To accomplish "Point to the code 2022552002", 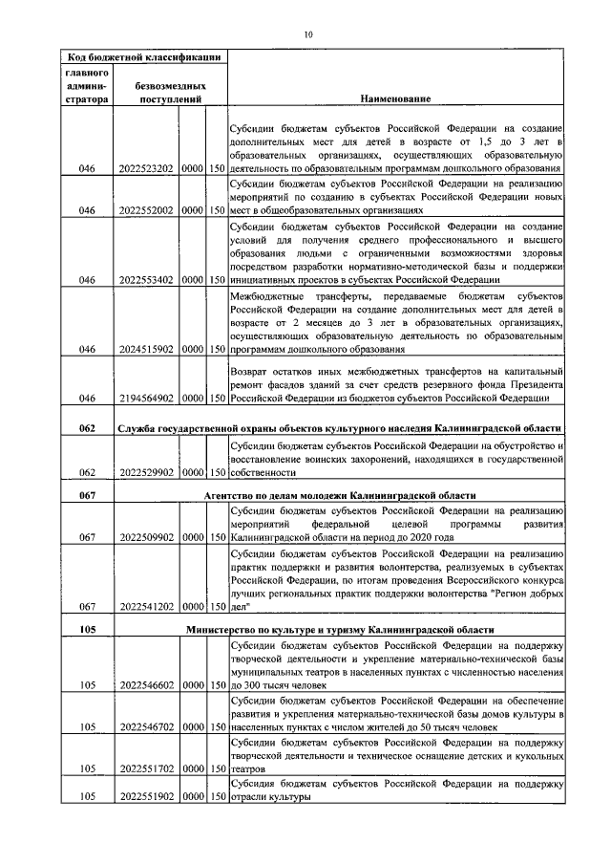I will [145, 210].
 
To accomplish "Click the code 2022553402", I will [145, 280].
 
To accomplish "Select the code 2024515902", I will [145, 349].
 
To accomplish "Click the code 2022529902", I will [145, 472].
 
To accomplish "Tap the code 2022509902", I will [145, 538].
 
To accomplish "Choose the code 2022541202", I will [145, 607].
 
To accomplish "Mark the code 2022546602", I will [145, 684].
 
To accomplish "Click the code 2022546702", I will [145, 726].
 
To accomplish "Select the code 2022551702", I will [145, 768].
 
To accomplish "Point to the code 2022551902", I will [145, 796].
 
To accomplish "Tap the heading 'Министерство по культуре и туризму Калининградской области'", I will [340, 631].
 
